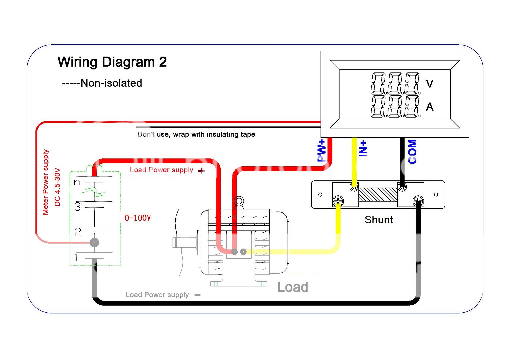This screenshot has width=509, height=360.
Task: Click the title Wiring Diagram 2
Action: [x=112, y=62]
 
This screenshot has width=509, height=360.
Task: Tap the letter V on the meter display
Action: [x=430, y=83]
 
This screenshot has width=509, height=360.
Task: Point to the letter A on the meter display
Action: [x=430, y=107]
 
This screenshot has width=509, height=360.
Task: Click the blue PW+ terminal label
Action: [x=321, y=151]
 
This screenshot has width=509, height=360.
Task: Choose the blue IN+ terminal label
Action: [x=363, y=148]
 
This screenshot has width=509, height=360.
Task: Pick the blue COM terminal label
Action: [x=412, y=152]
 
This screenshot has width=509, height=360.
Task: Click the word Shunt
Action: [x=379, y=220]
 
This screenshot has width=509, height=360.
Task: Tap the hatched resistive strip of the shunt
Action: [x=378, y=194]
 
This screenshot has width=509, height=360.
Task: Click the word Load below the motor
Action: [x=292, y=287]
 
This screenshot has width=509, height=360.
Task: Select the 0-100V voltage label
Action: [x=138, y=218]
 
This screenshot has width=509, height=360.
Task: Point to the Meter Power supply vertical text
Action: [x=46, y=182]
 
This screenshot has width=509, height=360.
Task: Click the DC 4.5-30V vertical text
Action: [x=57, y=187]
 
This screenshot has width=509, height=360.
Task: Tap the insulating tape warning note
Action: [x=196, y=134]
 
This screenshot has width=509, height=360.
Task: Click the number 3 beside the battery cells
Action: [x=78, y=207]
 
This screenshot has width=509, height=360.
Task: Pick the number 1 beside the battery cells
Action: [x=77, y=258]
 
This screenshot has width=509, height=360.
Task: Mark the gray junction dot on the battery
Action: [x=94, y=242]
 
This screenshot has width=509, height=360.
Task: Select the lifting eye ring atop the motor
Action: [x=239, y=201]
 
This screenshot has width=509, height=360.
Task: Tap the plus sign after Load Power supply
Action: [x=201, y=171]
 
